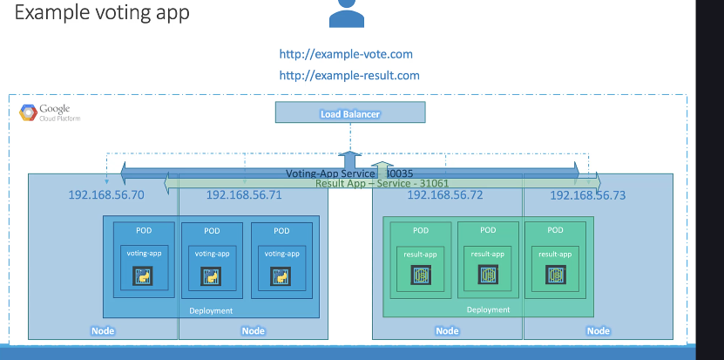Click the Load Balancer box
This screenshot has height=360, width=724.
click(350, 112)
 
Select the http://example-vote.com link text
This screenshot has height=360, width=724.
click(346, 54)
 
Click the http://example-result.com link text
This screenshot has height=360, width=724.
click(349, 76)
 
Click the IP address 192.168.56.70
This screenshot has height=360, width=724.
click(106, 194)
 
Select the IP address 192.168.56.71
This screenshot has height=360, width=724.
click(244, 194)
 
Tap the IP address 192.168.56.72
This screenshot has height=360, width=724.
click(445, 194)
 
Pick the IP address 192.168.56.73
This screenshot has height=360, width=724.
click(588, 194)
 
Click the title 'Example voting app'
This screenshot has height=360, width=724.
click(102, 14)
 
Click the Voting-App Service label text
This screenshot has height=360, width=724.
click(340, 173)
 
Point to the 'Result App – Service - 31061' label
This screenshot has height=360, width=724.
click(369, 183)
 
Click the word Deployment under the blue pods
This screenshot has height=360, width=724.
click(211, 310)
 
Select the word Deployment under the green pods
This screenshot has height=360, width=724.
click(488, 309)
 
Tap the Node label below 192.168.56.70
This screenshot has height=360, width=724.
click(103, 331)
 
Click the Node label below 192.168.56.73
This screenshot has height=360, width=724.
click(599, 331)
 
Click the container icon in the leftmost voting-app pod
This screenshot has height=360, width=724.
click(143, 276)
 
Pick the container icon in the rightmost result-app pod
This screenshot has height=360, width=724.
click(555, 275)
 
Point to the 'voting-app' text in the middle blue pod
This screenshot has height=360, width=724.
click(212, 254)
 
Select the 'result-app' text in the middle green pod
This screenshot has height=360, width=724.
click(488, 254)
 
